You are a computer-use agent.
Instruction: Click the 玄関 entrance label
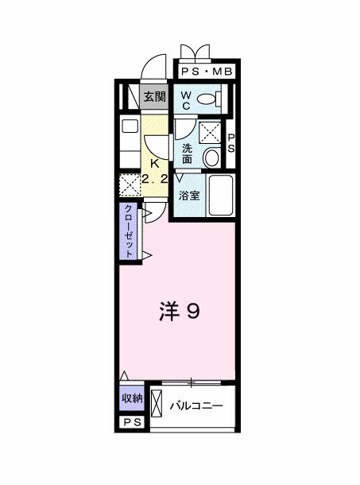click(x=155, y=97)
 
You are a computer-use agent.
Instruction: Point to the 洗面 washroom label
click(x=187, y=152)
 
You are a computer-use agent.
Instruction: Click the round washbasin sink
click(x=211, y=157)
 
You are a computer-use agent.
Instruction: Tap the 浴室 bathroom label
click(x=188, y=195)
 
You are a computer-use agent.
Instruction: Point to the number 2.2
click(x=155, y=180)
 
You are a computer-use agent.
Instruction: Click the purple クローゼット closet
click(x=128, y=231)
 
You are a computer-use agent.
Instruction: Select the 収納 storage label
click(x=132, y=398)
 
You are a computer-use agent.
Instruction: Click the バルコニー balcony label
click(x=196, y=406)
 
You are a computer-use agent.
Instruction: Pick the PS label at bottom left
click(x=132, y=423)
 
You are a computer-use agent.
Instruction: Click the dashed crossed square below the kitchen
click(x=129, y=185)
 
